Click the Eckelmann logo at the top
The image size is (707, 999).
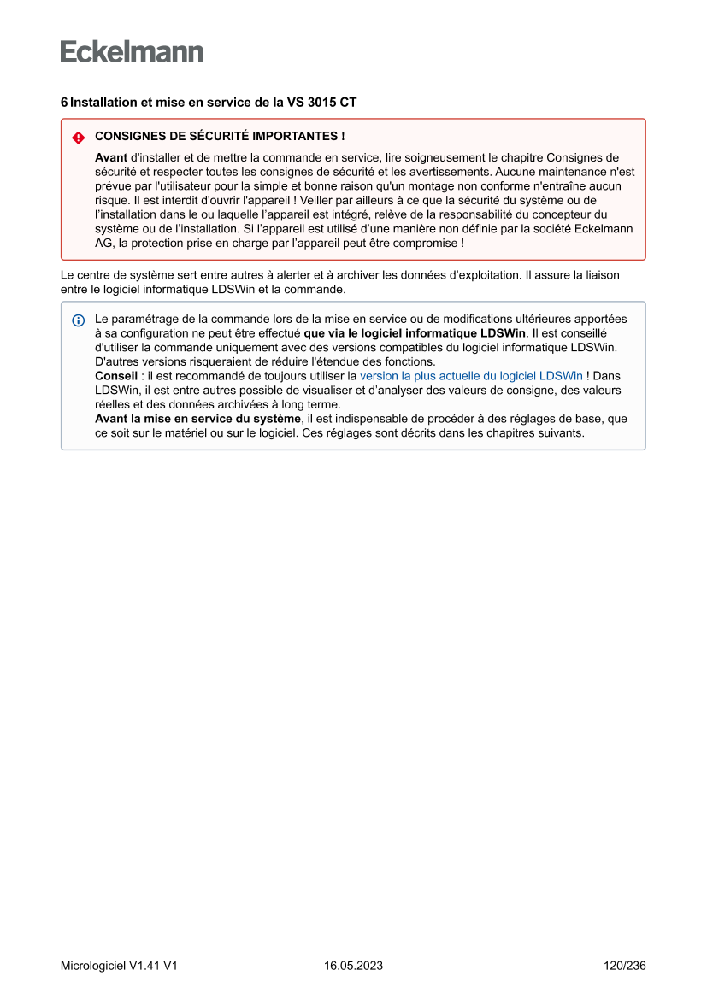132,51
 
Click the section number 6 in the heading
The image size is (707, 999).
64,102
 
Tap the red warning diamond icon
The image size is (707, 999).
79,137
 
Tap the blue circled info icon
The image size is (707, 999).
79,320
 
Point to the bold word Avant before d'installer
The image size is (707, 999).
111,158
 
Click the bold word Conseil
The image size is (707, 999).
115,375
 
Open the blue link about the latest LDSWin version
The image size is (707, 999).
471,375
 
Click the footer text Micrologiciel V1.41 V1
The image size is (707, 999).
119,966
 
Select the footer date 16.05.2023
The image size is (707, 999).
353,966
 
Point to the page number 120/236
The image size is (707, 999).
624,966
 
